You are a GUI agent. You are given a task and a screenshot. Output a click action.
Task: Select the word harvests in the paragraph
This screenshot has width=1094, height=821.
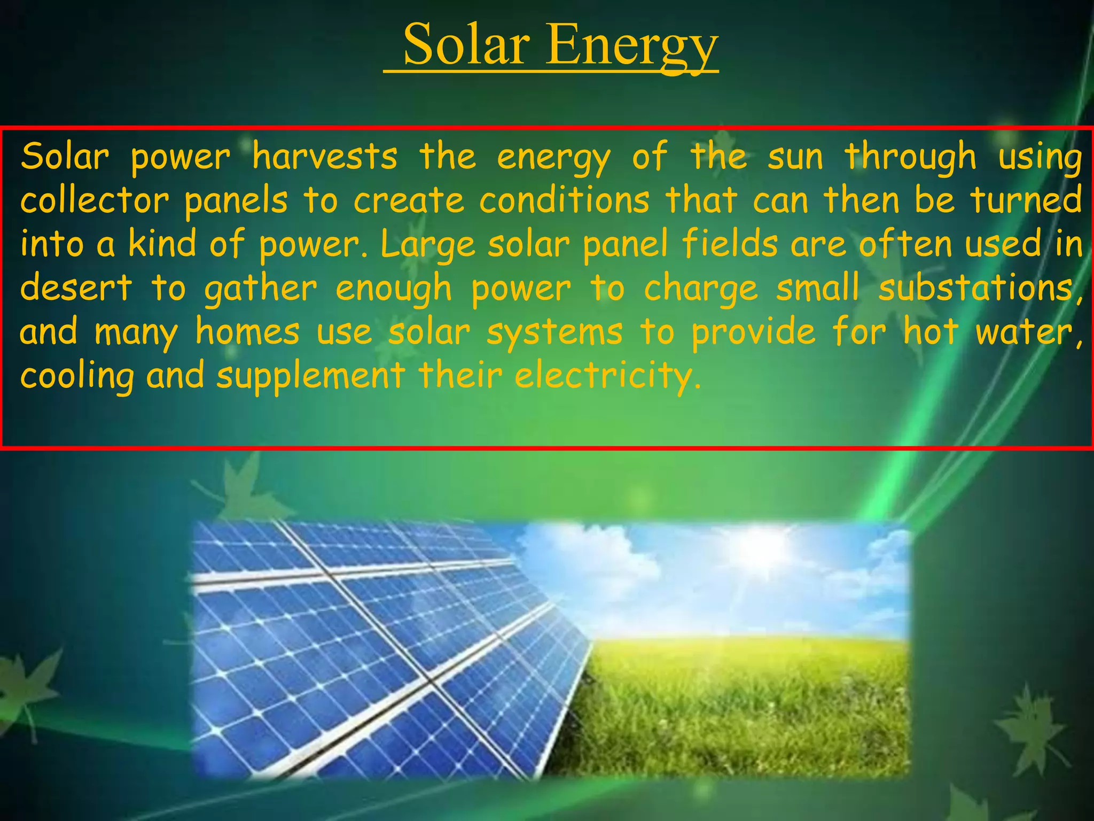pyautogui.click(x=325, y=157)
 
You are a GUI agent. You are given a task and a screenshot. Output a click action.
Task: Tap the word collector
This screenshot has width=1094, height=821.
pyautogui.click(x=95, y=200)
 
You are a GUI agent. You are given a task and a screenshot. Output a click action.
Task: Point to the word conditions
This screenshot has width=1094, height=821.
pyautogui.click(x=564, y=200)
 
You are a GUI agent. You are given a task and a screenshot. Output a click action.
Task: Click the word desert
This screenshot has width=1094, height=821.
pyautogui.click(x=76, y=288)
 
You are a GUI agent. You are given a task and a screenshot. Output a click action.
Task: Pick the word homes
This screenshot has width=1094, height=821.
pyautogui.click(x=247, y=332)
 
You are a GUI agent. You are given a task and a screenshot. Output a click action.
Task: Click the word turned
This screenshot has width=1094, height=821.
pyautogui.click(x=1025, y=200)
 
